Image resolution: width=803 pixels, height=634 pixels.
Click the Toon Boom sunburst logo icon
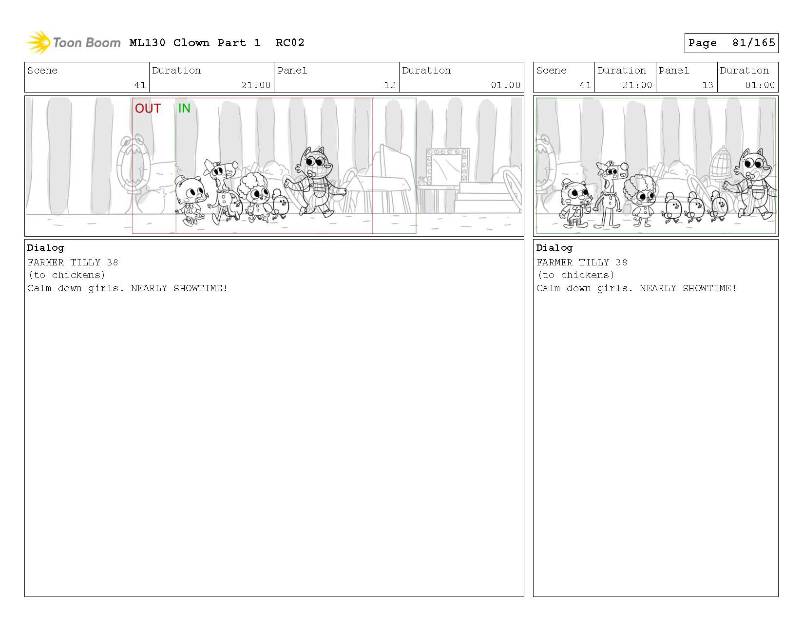click(x=38, y=42)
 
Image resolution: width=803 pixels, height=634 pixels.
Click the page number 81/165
click(x=753, y=43)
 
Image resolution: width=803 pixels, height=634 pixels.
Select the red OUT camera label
click(x=148, y=109)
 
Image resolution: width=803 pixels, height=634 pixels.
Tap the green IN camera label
click(x=184, y=108)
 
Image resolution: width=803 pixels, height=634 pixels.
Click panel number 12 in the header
click(x=390, y=85)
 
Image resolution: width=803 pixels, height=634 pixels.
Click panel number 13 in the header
click(x=707, y=85)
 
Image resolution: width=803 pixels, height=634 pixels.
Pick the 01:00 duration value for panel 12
click(x=506, y=85)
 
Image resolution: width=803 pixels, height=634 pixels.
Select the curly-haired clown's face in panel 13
click(x=645, y=197)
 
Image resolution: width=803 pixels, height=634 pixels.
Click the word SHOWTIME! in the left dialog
click(x=200, y=288)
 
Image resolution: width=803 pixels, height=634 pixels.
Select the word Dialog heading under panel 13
click(x=554, y=248)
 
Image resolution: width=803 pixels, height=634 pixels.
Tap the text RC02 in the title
click(x=290, y=43)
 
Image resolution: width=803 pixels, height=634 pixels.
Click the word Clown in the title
click(x=191, y=43)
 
